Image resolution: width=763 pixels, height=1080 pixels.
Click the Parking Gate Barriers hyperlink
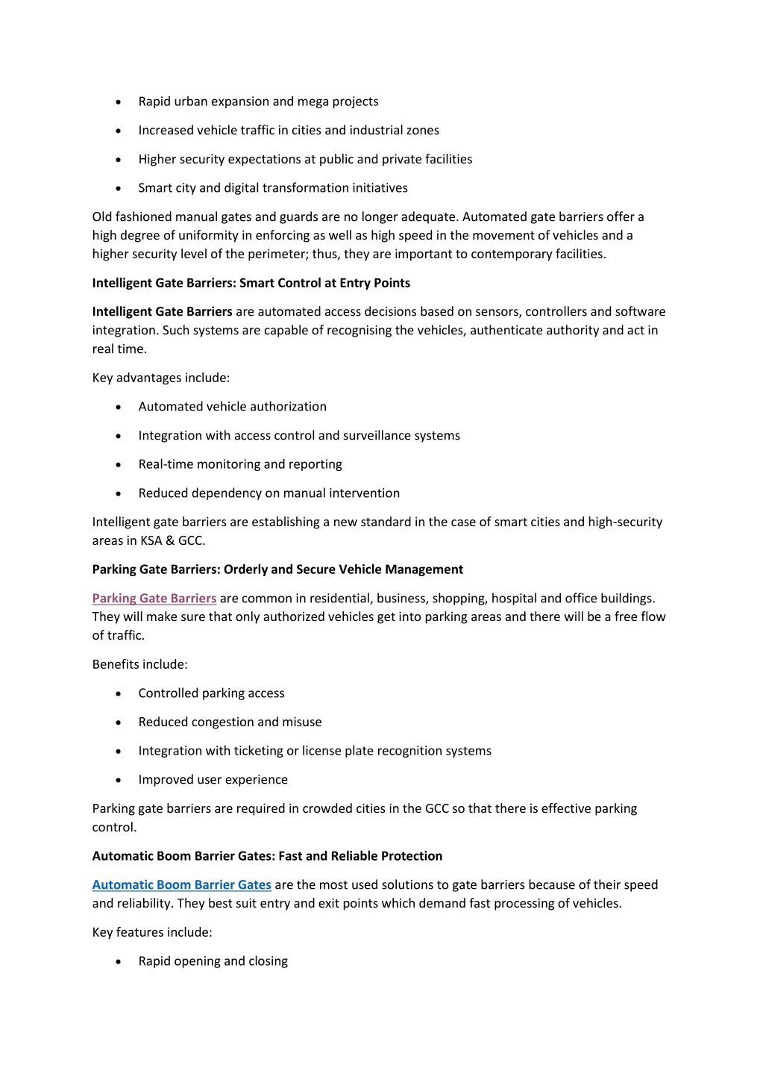click(154, 598)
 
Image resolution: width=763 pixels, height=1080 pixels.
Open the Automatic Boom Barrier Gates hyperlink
click(181, 884)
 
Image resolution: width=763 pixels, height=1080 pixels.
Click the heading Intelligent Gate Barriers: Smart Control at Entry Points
click(251, 283)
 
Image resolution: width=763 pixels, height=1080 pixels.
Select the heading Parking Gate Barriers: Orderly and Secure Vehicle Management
click(277, 569)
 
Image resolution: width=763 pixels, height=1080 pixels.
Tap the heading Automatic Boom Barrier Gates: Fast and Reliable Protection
click(267, 856)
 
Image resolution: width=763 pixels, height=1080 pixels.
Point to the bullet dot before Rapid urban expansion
click(119, 102)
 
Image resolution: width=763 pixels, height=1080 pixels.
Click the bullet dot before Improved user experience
click(119, 780)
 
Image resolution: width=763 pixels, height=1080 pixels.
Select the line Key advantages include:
click(161, 378)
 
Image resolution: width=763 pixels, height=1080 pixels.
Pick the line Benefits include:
click(140, 664)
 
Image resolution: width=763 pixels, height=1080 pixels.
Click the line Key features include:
click(152, 932)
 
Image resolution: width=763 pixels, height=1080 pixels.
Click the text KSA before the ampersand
click(151, 540)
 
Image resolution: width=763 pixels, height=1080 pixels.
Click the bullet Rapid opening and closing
click(213, 961)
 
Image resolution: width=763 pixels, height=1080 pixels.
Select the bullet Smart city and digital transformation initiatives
click(273, 188)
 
